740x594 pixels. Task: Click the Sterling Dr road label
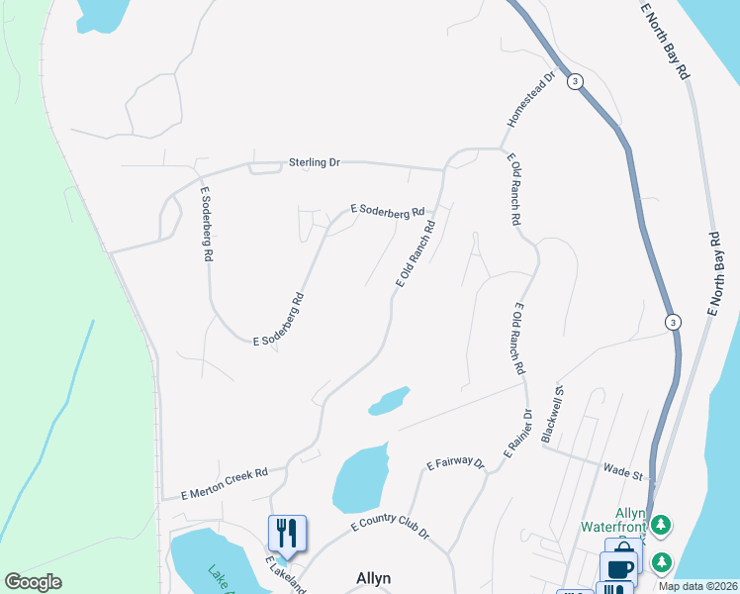click(314, 161)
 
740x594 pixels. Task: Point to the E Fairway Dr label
click(455, 462)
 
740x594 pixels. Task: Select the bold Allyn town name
click(373, 578)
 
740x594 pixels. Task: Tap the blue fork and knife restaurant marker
click(287, 533)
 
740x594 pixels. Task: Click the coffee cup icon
click(621, 568)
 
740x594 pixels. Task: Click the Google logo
click(33, 582)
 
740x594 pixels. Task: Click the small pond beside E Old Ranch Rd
click(389, 400)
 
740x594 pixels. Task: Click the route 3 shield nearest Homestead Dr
click(574, 81)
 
